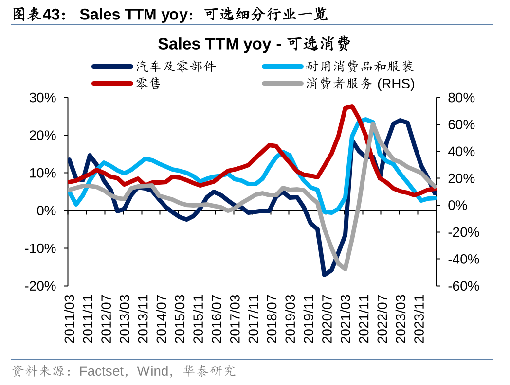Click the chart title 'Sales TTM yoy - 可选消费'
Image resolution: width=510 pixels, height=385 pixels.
(x=254, y=44)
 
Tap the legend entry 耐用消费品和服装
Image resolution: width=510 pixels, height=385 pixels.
(x=360, y=67)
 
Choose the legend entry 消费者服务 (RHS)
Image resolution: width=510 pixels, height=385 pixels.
(x=360, y=84)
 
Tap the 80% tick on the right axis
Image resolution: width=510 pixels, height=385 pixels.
(x=460, y=98)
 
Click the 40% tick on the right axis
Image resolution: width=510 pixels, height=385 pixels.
(x=460, y=152)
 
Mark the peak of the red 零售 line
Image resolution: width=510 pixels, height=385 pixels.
(x=351, y=106)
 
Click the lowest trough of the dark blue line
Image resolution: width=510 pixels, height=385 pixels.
(x=324, y=275)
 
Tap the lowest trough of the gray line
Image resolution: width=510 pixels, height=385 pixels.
(x=345, y=269)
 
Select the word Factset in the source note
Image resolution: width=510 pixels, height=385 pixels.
(x=101, y=371)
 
